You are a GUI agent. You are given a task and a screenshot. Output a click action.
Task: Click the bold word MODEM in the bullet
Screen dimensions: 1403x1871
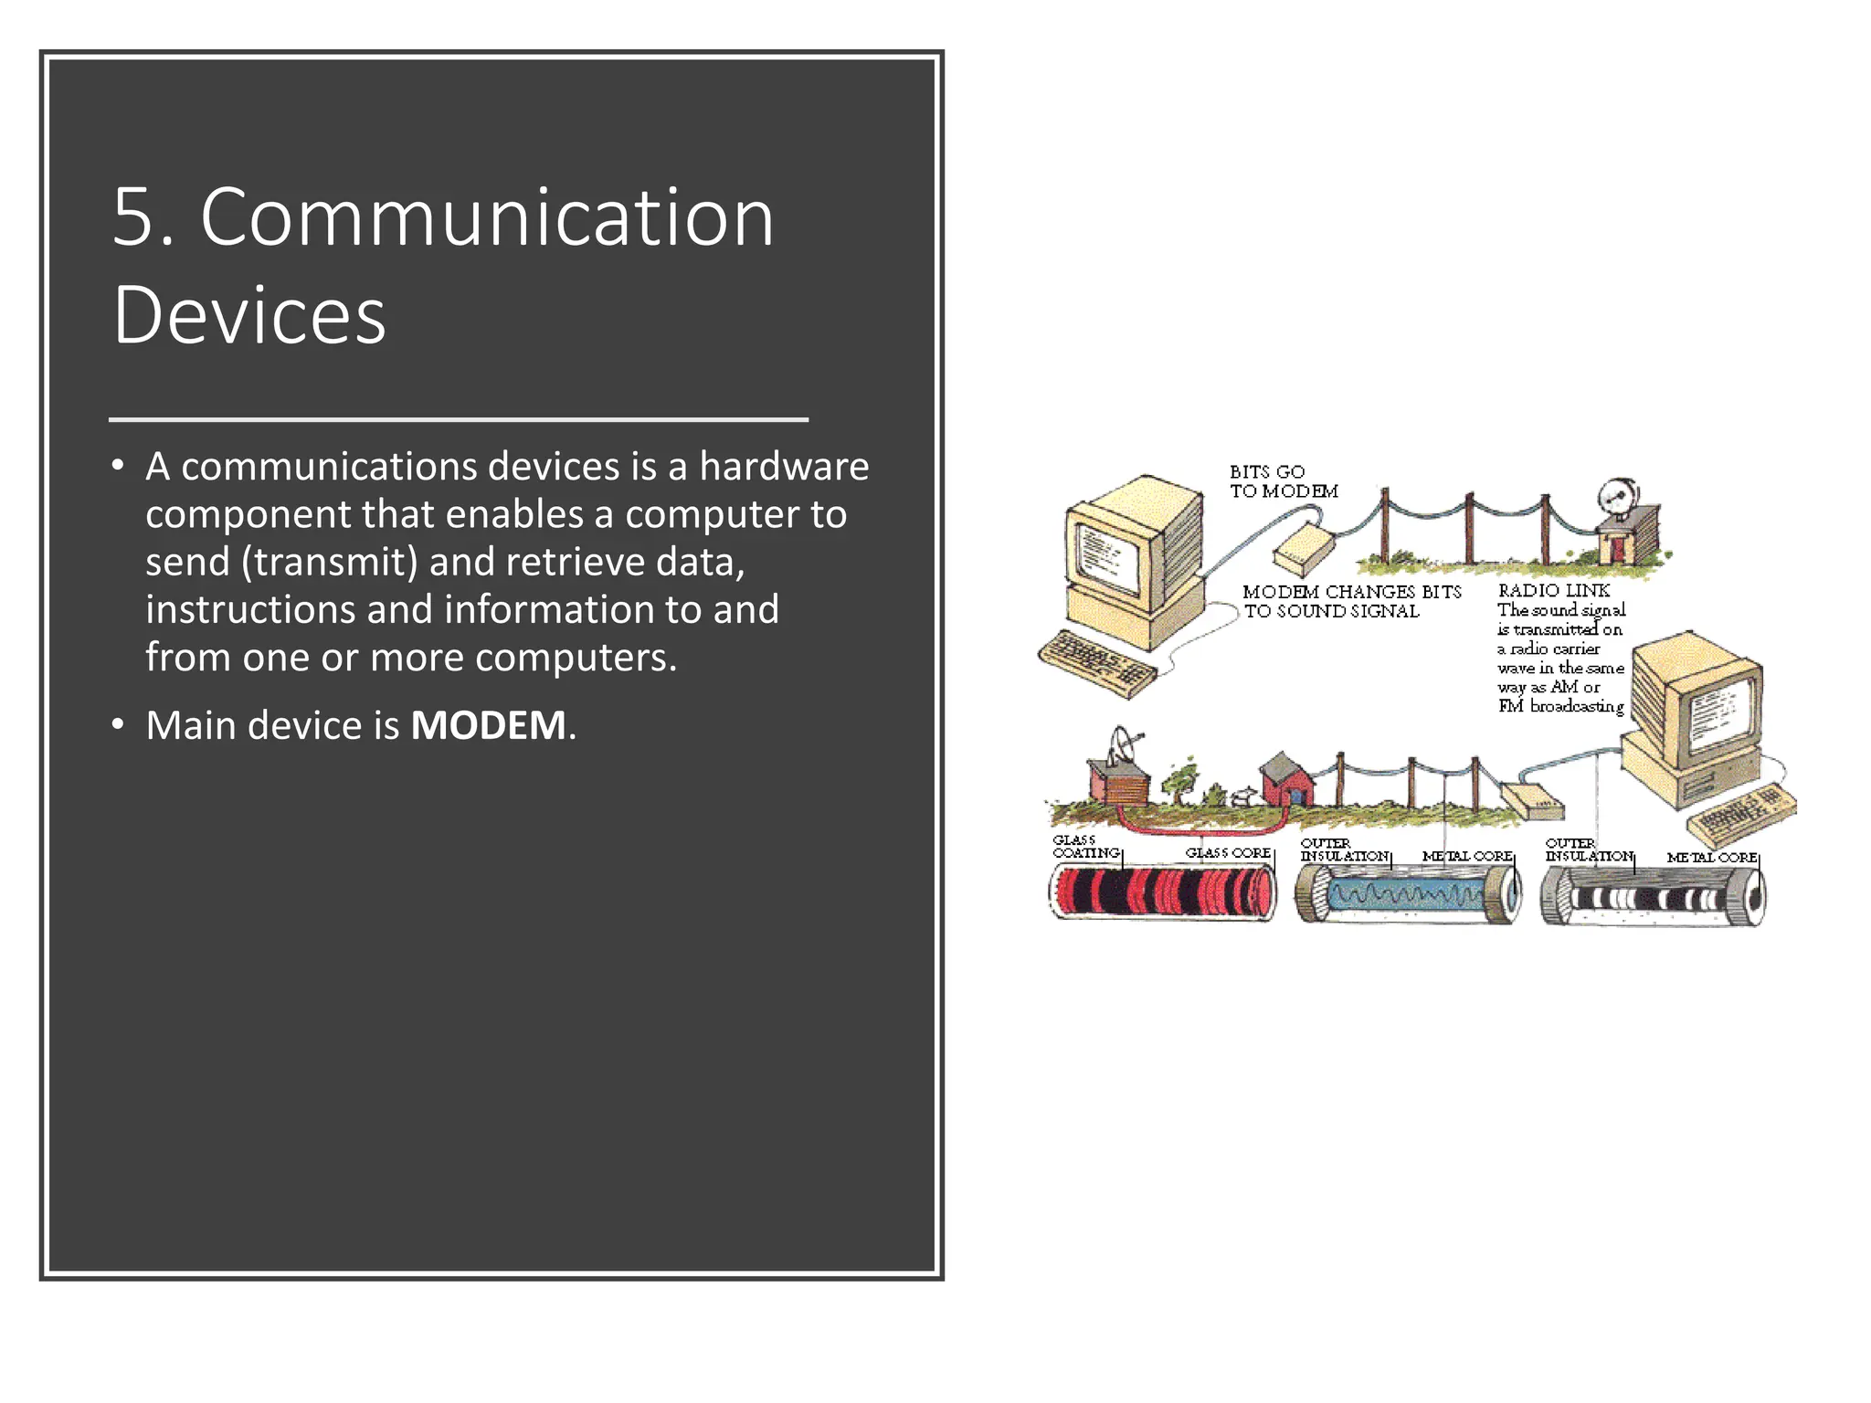click(x=488, y=726)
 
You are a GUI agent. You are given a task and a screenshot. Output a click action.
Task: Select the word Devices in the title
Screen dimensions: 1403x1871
click(x=248, y=315)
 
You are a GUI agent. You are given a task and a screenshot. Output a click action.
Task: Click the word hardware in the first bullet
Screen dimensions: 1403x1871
click(x=783, y=467)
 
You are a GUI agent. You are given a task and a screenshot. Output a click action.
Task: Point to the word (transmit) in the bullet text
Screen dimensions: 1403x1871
click(x=331, y=562)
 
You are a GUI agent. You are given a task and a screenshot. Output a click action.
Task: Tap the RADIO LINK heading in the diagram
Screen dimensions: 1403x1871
click(x=1553, y=591)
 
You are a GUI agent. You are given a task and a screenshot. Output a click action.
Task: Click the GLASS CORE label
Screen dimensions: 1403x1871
click(x=1228, y=853)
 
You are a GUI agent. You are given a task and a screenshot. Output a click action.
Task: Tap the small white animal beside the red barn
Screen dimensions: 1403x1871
click(x=1240, y=797)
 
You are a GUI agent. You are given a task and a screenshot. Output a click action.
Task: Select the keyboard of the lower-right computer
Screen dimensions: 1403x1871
click(x=1740, y=813)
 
